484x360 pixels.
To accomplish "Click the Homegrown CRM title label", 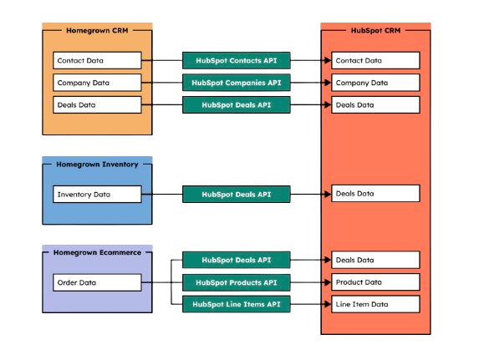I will pos(97,30).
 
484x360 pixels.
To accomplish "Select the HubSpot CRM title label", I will pos(375,30).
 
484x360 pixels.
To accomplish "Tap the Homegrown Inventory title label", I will pos(97,164).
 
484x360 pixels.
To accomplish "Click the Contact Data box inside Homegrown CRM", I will pos(97,61).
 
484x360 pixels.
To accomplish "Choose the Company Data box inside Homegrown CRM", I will pos(97,83).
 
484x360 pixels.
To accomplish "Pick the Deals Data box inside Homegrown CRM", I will pos(97,104).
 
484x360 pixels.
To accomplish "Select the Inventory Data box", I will pos(97,195).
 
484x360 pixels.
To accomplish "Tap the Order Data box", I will pos(97,282).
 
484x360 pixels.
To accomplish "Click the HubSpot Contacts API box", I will pos(237,61).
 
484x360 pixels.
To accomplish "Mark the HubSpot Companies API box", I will pos(237,83).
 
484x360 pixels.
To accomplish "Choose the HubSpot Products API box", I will pos(237,282).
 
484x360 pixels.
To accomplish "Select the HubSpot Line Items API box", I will pos(237,304).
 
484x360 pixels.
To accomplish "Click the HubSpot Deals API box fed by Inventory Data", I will pos(237,195).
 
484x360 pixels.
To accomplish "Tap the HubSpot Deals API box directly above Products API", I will pos(237,261).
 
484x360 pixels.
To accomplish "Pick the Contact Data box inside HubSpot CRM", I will pos(375,61).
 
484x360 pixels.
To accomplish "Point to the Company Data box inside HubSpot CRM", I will pos(375,83).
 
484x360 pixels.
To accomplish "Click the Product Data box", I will pos(375,282).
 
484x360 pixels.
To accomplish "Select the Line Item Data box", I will pos(375,304).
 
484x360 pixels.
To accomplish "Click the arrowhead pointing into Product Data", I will pos(327,282).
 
